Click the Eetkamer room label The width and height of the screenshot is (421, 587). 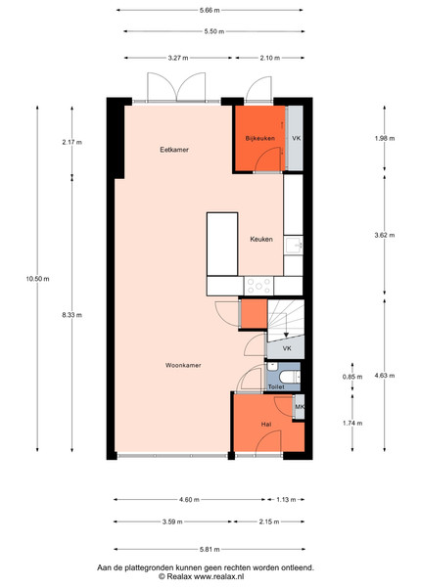click(174, 150)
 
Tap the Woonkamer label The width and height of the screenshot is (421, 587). click(183, 365)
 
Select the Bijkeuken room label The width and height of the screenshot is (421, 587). click(259, 138)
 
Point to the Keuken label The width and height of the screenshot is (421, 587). click(261, 240)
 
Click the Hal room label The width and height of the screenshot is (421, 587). click(266, 425)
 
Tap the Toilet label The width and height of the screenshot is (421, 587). click(276, 386)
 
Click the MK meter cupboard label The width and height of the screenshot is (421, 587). click(300, 407)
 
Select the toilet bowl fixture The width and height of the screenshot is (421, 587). click(290, 377)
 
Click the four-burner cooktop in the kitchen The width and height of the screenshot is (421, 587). click(258, 287)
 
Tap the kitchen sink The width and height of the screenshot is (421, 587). click(294, 246)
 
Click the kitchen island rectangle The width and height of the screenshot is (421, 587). click(222, 244)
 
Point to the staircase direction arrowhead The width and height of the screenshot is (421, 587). click(286, 335)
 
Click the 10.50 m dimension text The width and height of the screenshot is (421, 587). click(37, 279)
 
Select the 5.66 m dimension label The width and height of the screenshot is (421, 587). click(210, 11)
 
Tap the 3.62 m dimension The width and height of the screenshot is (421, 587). click(385, 236)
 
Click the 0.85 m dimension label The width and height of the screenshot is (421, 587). click(352, 377)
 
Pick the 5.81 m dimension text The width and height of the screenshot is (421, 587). click(210, 550)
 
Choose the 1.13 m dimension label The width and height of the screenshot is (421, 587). click(286, 499)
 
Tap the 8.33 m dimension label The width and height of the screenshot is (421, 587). click(71, 315)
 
